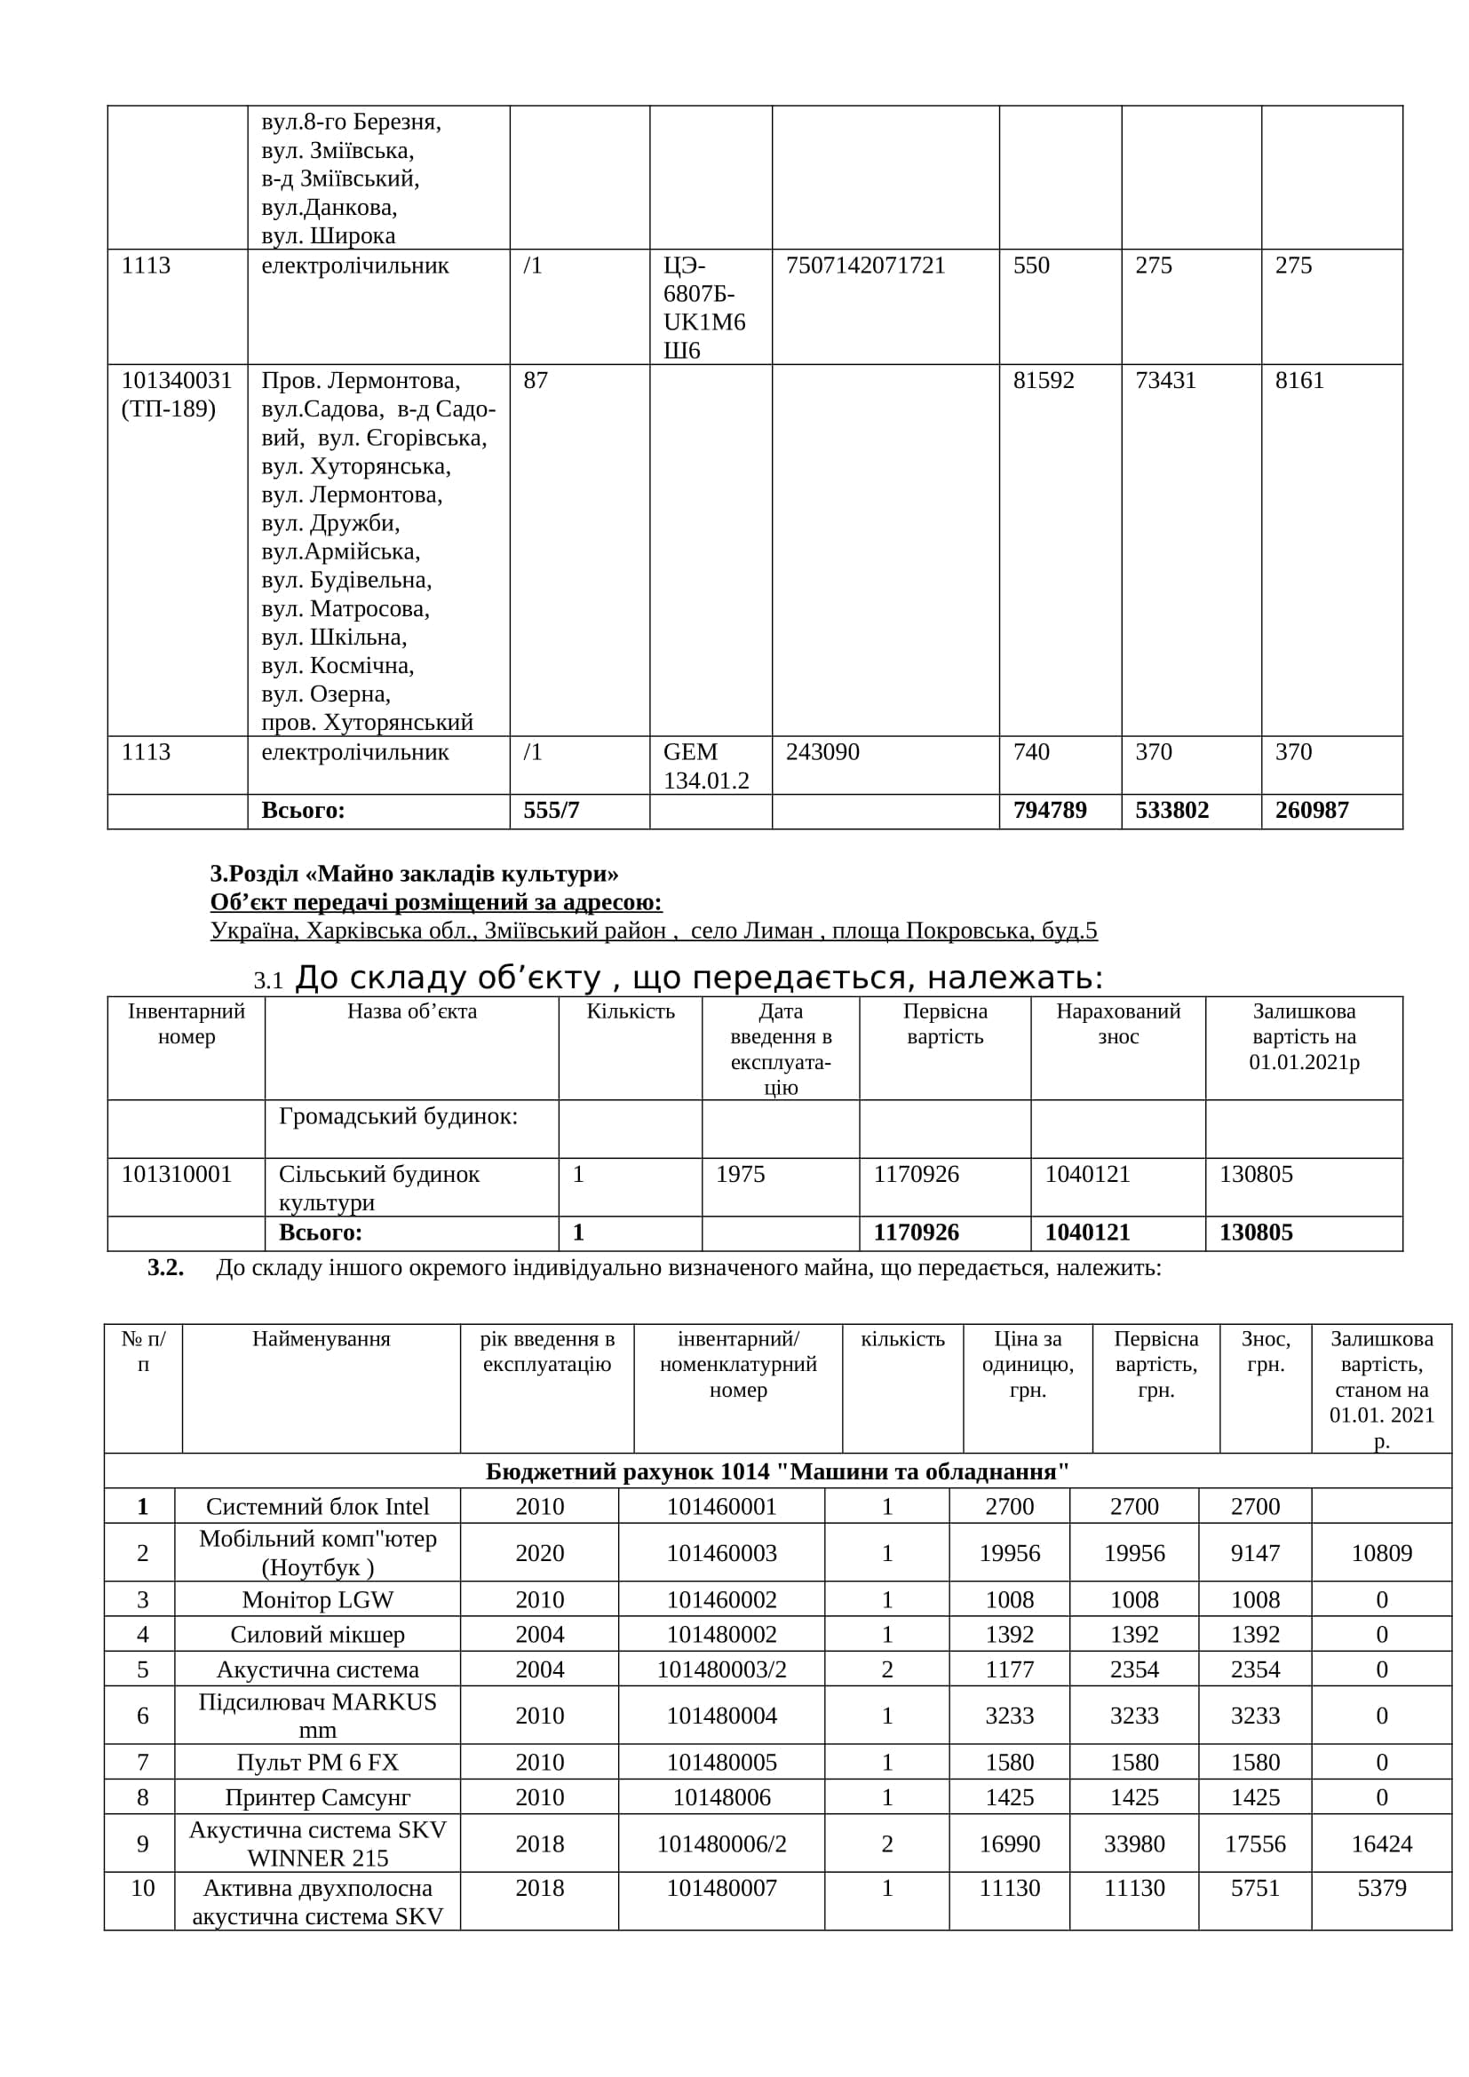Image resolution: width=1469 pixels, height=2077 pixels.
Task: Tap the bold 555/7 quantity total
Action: pyautogui.click(x=551, y=810)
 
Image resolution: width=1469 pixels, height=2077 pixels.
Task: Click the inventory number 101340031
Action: pyautogui.click(x=177, y=380)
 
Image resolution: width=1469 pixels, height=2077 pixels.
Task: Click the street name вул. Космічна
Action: pyautogui.click(x=337, y=666)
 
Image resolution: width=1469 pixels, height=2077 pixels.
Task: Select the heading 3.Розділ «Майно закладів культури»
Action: pyautogui.click(x=414, y=873)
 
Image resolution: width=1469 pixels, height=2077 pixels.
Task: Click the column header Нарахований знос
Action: pyautogui.click(x=1117, y=1024)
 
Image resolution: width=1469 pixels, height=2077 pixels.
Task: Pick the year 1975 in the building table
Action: pyautogui.click(x=740, y=1174)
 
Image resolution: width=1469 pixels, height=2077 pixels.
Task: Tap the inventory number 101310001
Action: pyautogui.click(x=177, y=1174)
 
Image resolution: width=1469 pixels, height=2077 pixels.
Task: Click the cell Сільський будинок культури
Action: pyautogui.click(x=379, y=1188)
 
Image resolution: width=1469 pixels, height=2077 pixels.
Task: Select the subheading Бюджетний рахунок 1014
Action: pyautogui.click(x=777, y=1471)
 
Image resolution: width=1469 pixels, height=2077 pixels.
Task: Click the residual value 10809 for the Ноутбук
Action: pyautogui.click(x=1381, y=1553)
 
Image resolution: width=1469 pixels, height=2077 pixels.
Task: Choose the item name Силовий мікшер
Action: pyautogui.click(x=317, y=1635)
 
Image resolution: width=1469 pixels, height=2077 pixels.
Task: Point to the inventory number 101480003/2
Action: pyautogui.click(x=721, y=1669)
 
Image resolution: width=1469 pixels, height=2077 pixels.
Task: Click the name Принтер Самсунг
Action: pyautogui.click(x=317, y=1797)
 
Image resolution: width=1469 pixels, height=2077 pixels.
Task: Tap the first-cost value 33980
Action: pyautogui.click(x=1133, y=1843)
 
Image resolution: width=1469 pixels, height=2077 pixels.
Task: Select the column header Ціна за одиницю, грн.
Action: pyautogui.click(x=1028, y=1364)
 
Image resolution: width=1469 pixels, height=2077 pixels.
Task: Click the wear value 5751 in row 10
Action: pyautogui.click(x=1255, y=1888)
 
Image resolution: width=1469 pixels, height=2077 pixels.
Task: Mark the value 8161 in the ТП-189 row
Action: pyautogui.click(x=1299, y=380)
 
